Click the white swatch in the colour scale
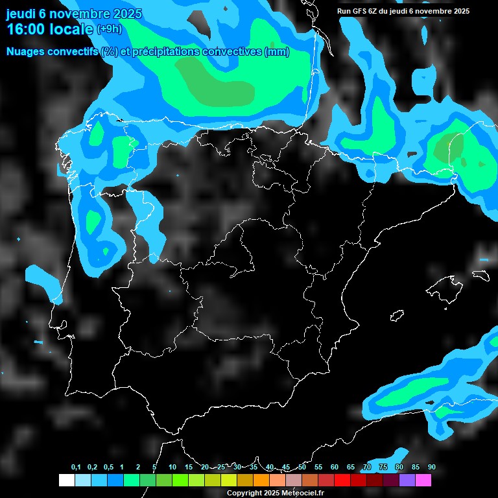pos(66,480)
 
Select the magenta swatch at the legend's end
pos(423,480)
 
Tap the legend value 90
pos(431,467)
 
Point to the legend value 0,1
pos(76,467)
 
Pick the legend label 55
pos(318,467)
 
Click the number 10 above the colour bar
pos(172,467)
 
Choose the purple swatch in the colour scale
pos(407,480)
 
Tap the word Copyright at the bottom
pos(244,493)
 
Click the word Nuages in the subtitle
pos(26,52)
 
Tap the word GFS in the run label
pos(361,11)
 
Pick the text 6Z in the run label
pos(376,11)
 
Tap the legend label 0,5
pos(108,467)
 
